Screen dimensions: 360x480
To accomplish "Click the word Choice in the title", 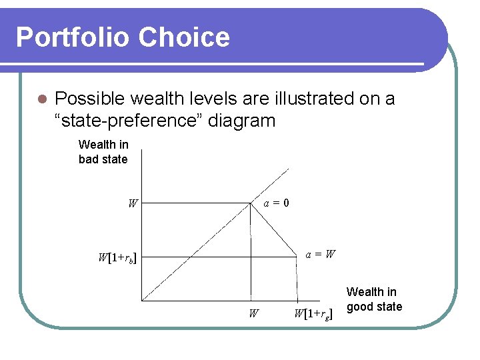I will click(x=189, y=37).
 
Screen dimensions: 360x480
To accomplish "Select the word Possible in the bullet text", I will click(x=90, y=99).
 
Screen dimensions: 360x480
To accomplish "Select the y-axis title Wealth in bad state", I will click(x=103, y=151).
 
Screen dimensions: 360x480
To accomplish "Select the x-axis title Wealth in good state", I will click(x=374, y=299).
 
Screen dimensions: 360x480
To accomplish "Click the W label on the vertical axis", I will click(x=133, y=203).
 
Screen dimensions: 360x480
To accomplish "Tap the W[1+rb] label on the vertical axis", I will click(x=117, y=257).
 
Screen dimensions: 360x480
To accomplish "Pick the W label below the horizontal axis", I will click(x=253, y=313).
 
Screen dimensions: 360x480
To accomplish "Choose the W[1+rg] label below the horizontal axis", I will click(x=313, y=313).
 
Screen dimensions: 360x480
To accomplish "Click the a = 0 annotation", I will click(x=276, y=203).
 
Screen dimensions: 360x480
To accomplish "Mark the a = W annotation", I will click(x=321, y=254).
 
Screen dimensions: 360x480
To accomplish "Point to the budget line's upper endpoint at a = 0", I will click(x=251, y=203).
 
